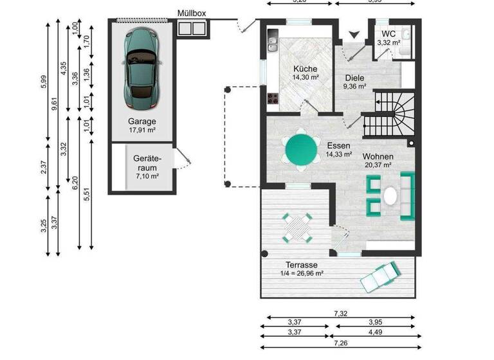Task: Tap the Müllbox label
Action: (191, 13)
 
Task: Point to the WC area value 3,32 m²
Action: (389, 42)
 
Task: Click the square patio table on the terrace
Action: (297, 226)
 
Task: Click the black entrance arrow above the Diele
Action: (352, 34)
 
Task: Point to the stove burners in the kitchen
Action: (272, 99)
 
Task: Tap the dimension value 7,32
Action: (341, 313)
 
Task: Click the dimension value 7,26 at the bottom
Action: (341, 345)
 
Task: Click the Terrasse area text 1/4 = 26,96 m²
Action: (302, 273)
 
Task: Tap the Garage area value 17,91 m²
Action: (142, 130)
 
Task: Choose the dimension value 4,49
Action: (374, 332)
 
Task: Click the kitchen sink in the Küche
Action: (272, 44)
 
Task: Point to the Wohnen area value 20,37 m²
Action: (377, 165)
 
